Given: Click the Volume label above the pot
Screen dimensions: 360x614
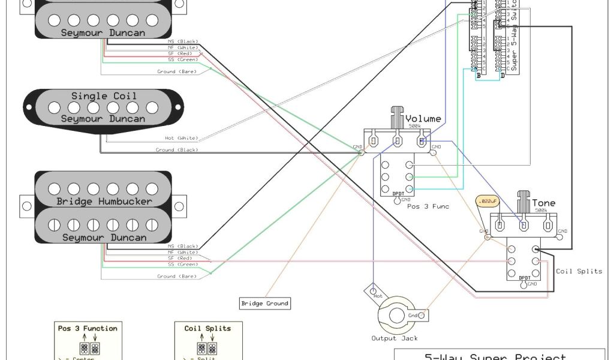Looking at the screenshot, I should [x=423, y=119].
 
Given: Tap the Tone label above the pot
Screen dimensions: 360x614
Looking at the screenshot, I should [x=543, y=203].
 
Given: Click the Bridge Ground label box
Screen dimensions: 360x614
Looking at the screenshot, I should [x=264, y=303].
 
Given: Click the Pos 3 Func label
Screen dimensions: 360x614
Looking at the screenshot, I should [x=428, y=206].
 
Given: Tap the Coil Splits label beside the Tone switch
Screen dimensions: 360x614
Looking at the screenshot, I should [x=579, y=271].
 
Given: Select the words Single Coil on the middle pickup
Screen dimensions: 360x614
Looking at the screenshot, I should [x=104, y=96].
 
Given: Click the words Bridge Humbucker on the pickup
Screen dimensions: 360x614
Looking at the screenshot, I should [x=104, y=201].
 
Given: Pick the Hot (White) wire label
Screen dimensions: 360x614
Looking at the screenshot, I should [x=181, y=138].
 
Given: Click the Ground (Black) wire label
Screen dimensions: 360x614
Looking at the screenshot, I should [x=177, y=149].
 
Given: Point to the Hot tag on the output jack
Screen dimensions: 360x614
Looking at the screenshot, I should [x=378, y=295].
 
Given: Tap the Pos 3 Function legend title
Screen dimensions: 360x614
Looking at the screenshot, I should [x=88, y=328].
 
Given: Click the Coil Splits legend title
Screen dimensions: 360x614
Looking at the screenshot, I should [x=207, y=328].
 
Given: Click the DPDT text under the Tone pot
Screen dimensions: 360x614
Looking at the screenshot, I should [x=524, y=278].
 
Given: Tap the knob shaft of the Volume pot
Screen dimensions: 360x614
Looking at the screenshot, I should [x=396, y=115].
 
